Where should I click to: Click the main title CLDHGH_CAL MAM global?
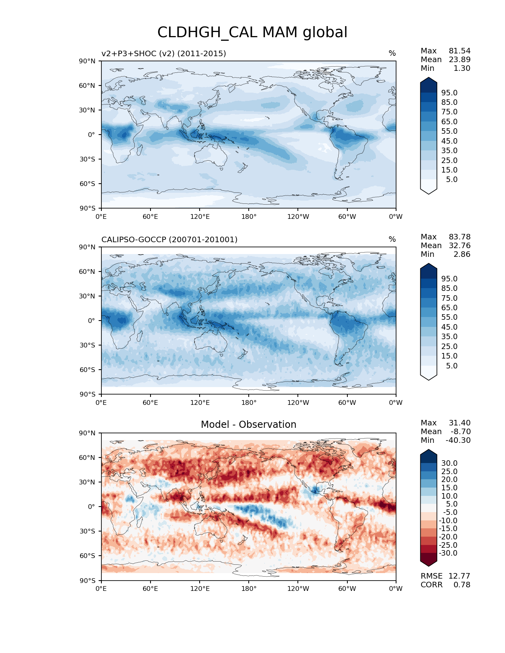pyautogui.click(x=252, y=32)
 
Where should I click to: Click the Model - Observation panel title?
pyautogui.click(x=248, y=425)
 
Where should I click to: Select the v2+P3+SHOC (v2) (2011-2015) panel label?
pyautogui.click(x=164, y=53)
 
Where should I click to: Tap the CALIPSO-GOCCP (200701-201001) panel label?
pyautogui.click(x=170, y=239)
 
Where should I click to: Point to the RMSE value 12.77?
pyautogui.click(x=459, y=576)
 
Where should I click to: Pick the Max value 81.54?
pyautogui.click(x=459, y=51)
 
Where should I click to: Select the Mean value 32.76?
pyautogui.click(x=459, y=245)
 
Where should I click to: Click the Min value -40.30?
pyautogui.click(x=458, y=440)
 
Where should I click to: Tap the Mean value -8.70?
pyautogui.click(x=460, y=431)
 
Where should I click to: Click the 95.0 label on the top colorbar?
pyautogui.click(x=449, y=93)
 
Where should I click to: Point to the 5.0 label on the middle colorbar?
pyautogui.click(x=452, y=366)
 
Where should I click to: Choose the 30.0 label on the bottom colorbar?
pyautogui.click(x=449, y=463)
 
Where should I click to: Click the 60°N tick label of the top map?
pyautogui.click(x=87, y=85)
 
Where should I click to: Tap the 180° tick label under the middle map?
pyautogui.click(x=249, y=402)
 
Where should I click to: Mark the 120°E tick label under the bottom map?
pyautogui.click(x=200, y=588)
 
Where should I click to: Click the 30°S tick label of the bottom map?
pyautogui.click(x=87, y=531)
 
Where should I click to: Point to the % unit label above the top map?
pyautogui.click(x=392, y=53)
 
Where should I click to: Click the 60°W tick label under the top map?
pyautogui.click(x=347, y=216)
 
